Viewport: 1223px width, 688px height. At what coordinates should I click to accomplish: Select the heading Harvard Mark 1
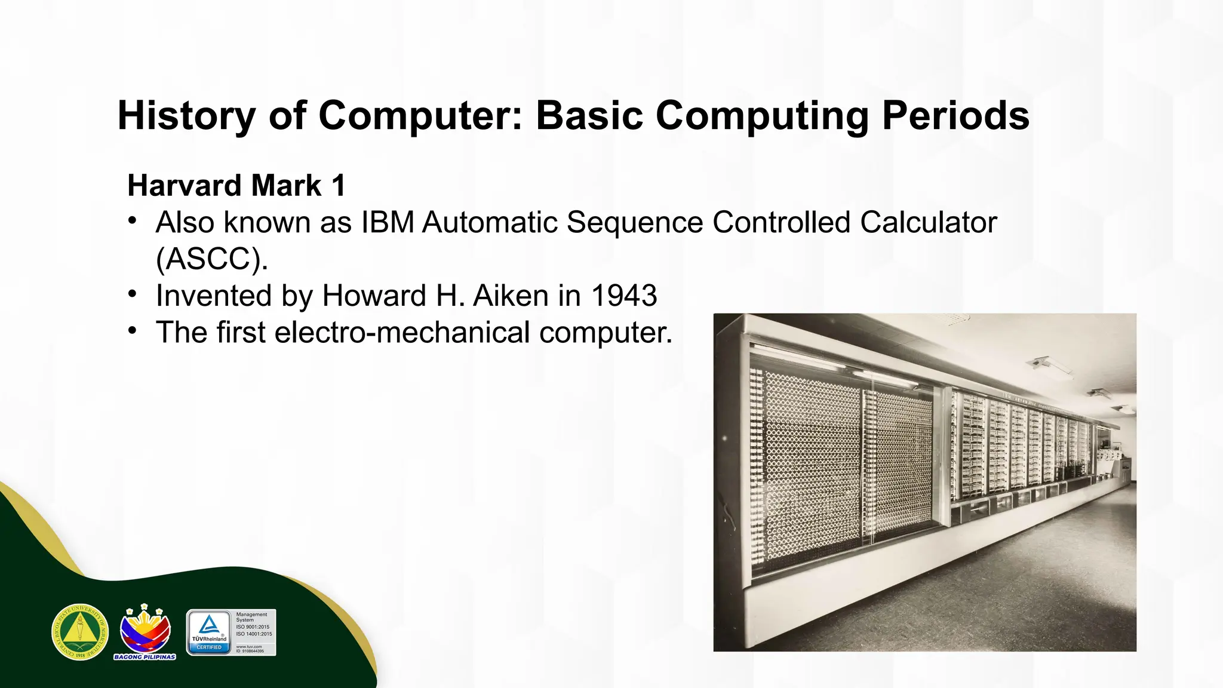coord(236,186)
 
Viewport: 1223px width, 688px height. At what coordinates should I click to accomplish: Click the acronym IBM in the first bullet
coord(388,223)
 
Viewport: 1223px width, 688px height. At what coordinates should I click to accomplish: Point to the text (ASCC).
coord(211,259)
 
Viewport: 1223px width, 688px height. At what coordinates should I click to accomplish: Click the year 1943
coord(624,296)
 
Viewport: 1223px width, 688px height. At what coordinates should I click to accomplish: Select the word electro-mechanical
coord(402,333)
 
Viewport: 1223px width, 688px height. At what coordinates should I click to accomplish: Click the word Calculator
coord(929,223)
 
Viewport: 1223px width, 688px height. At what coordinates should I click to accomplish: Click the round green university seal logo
coord(80,632)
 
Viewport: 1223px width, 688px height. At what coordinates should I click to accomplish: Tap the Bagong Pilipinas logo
coord(145,632)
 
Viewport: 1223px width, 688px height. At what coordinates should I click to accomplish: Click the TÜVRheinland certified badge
coord(209,632)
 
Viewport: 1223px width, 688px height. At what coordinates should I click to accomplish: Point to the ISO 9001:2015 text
coord(253,627)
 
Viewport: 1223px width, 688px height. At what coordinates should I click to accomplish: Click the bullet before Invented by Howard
coord(133,294)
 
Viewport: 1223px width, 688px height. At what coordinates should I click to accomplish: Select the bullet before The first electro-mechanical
coord(133,331)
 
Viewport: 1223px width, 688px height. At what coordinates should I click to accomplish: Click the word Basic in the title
coord(589,115)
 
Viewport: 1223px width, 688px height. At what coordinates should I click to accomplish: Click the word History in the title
coord(186,115)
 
